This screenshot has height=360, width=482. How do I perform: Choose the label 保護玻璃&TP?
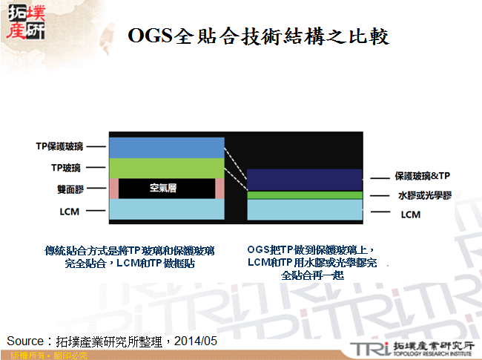(x=422, y=177)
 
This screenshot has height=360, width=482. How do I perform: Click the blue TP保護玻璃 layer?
(x=167, y=146)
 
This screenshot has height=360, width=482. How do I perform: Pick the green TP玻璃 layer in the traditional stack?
(x=167, y=168)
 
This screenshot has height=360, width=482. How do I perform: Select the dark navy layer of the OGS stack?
(x=305, y=179)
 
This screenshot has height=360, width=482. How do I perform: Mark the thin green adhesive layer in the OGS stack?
(x=305, y=194)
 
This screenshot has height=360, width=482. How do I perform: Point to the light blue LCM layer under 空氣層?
(x=167, y=210)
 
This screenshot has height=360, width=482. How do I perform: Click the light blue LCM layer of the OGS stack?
(x=305, y=210)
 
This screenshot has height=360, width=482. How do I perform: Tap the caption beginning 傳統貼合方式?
(x=130, y=257)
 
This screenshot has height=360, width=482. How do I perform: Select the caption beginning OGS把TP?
(x=312, y=263)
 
